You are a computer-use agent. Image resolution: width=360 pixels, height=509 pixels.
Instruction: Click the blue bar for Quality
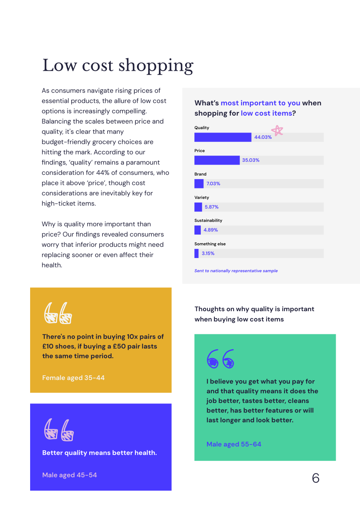point(223,137)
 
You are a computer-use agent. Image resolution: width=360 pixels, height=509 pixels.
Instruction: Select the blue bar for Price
point(217,160)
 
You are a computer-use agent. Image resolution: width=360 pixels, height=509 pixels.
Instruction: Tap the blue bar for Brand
point(199,184)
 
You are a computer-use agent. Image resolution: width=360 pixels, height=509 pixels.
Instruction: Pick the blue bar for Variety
point(198,207)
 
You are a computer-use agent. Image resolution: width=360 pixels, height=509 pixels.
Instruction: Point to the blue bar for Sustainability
point(197,230)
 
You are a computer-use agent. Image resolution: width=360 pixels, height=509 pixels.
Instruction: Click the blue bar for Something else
point(196,253)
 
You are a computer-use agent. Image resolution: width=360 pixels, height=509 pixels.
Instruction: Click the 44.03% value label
point(263,137)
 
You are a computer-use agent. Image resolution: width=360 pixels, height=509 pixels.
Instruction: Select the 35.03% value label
point(250,160)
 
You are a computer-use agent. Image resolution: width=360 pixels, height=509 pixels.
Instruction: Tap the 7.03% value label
point(213,184)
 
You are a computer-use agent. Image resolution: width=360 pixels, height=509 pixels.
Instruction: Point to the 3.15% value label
point(208,253)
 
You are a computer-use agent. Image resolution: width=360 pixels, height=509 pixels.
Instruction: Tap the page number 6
point(315,478)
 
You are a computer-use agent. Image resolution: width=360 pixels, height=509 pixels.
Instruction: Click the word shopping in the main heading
point(156,66)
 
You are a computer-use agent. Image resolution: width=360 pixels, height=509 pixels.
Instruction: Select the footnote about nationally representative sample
point(236,271)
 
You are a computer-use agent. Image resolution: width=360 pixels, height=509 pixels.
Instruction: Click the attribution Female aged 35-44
point(73,378)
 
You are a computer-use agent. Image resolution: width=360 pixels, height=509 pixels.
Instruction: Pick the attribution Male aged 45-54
point(69,475)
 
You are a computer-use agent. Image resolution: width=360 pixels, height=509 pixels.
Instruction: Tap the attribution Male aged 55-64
point(234,444)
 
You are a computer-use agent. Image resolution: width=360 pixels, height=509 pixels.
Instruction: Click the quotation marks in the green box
point(220,359)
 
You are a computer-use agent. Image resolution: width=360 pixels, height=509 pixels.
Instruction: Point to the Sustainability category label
point(208,220)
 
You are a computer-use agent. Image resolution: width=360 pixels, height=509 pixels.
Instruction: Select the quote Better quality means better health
point(99,453)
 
